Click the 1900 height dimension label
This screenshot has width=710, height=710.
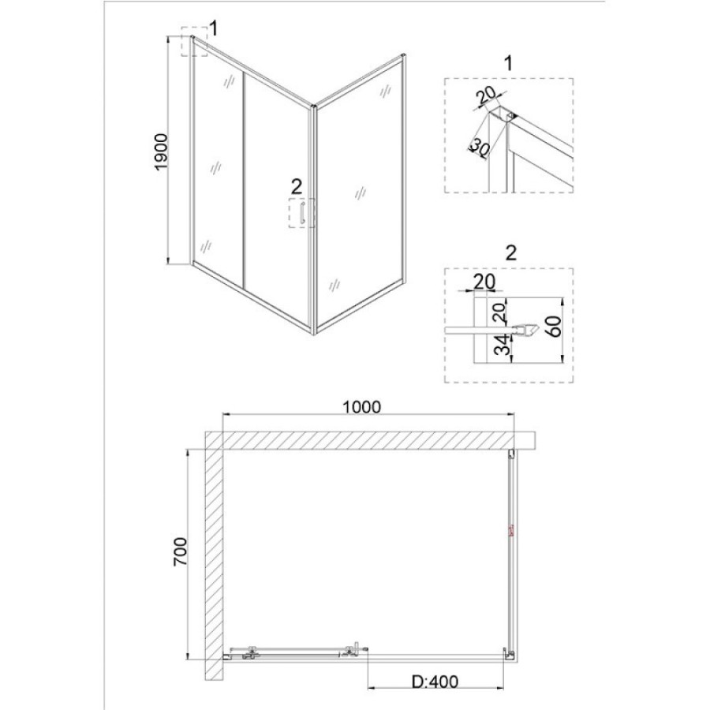click(x=162, y=152)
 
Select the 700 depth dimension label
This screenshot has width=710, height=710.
click(x=180, y=551)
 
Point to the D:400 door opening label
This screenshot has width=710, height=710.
click(x=435, y=681)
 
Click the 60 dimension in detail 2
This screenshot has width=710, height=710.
click(x=555, y=327)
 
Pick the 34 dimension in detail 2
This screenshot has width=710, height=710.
click(x=500, y=345)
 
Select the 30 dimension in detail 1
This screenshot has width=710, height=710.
click(x=479, y=148)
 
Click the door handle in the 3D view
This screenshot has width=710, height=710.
click(x=302, y=213)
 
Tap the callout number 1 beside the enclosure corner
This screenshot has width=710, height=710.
click(x=213, y=29)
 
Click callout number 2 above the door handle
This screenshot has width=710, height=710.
click(x=297, y=186)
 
